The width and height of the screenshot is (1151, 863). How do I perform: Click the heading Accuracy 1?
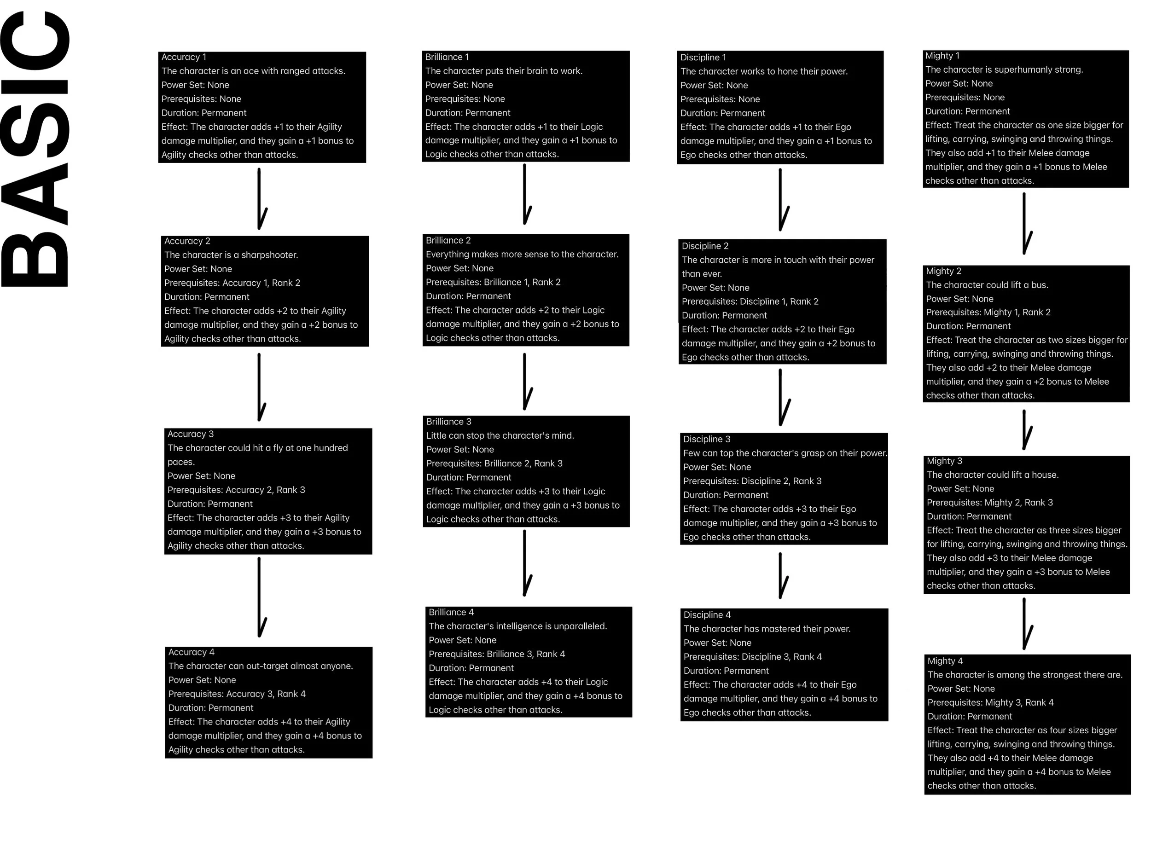click(x=184, y=57)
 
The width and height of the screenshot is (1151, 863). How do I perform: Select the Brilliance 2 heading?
click(x=448, y=240)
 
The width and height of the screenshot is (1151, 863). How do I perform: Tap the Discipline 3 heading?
click(x=707, y=439)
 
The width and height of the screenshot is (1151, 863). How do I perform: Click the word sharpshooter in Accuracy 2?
click(x=269, y=255)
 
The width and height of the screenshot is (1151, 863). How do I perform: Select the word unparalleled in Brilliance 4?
click(x=580, y=626)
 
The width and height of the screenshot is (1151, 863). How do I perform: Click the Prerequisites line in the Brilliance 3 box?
click(x=494, y=463)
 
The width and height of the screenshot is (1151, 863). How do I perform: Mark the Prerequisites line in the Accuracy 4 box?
click(x=237, y=694)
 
